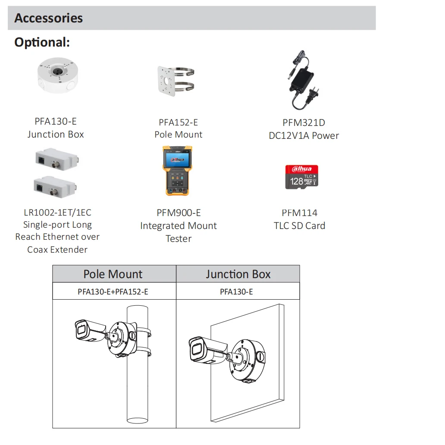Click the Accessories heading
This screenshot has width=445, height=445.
(48, 18)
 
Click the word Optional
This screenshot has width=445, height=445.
(42, 42)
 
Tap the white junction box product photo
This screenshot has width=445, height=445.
(58, 76)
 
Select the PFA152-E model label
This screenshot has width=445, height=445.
(178, 122)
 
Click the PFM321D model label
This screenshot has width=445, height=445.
(304, 123)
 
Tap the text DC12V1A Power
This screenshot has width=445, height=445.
(304, 135)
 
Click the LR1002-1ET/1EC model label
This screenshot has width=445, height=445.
(57, 213)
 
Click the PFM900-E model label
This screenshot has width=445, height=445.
(179, 213)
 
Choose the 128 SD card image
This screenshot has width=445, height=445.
(301, 177)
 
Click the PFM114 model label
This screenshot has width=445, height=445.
(299, 213)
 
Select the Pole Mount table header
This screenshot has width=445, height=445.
(113, 274)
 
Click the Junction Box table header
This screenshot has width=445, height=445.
(238, 274)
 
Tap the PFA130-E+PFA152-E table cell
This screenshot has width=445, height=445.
(113, 292)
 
